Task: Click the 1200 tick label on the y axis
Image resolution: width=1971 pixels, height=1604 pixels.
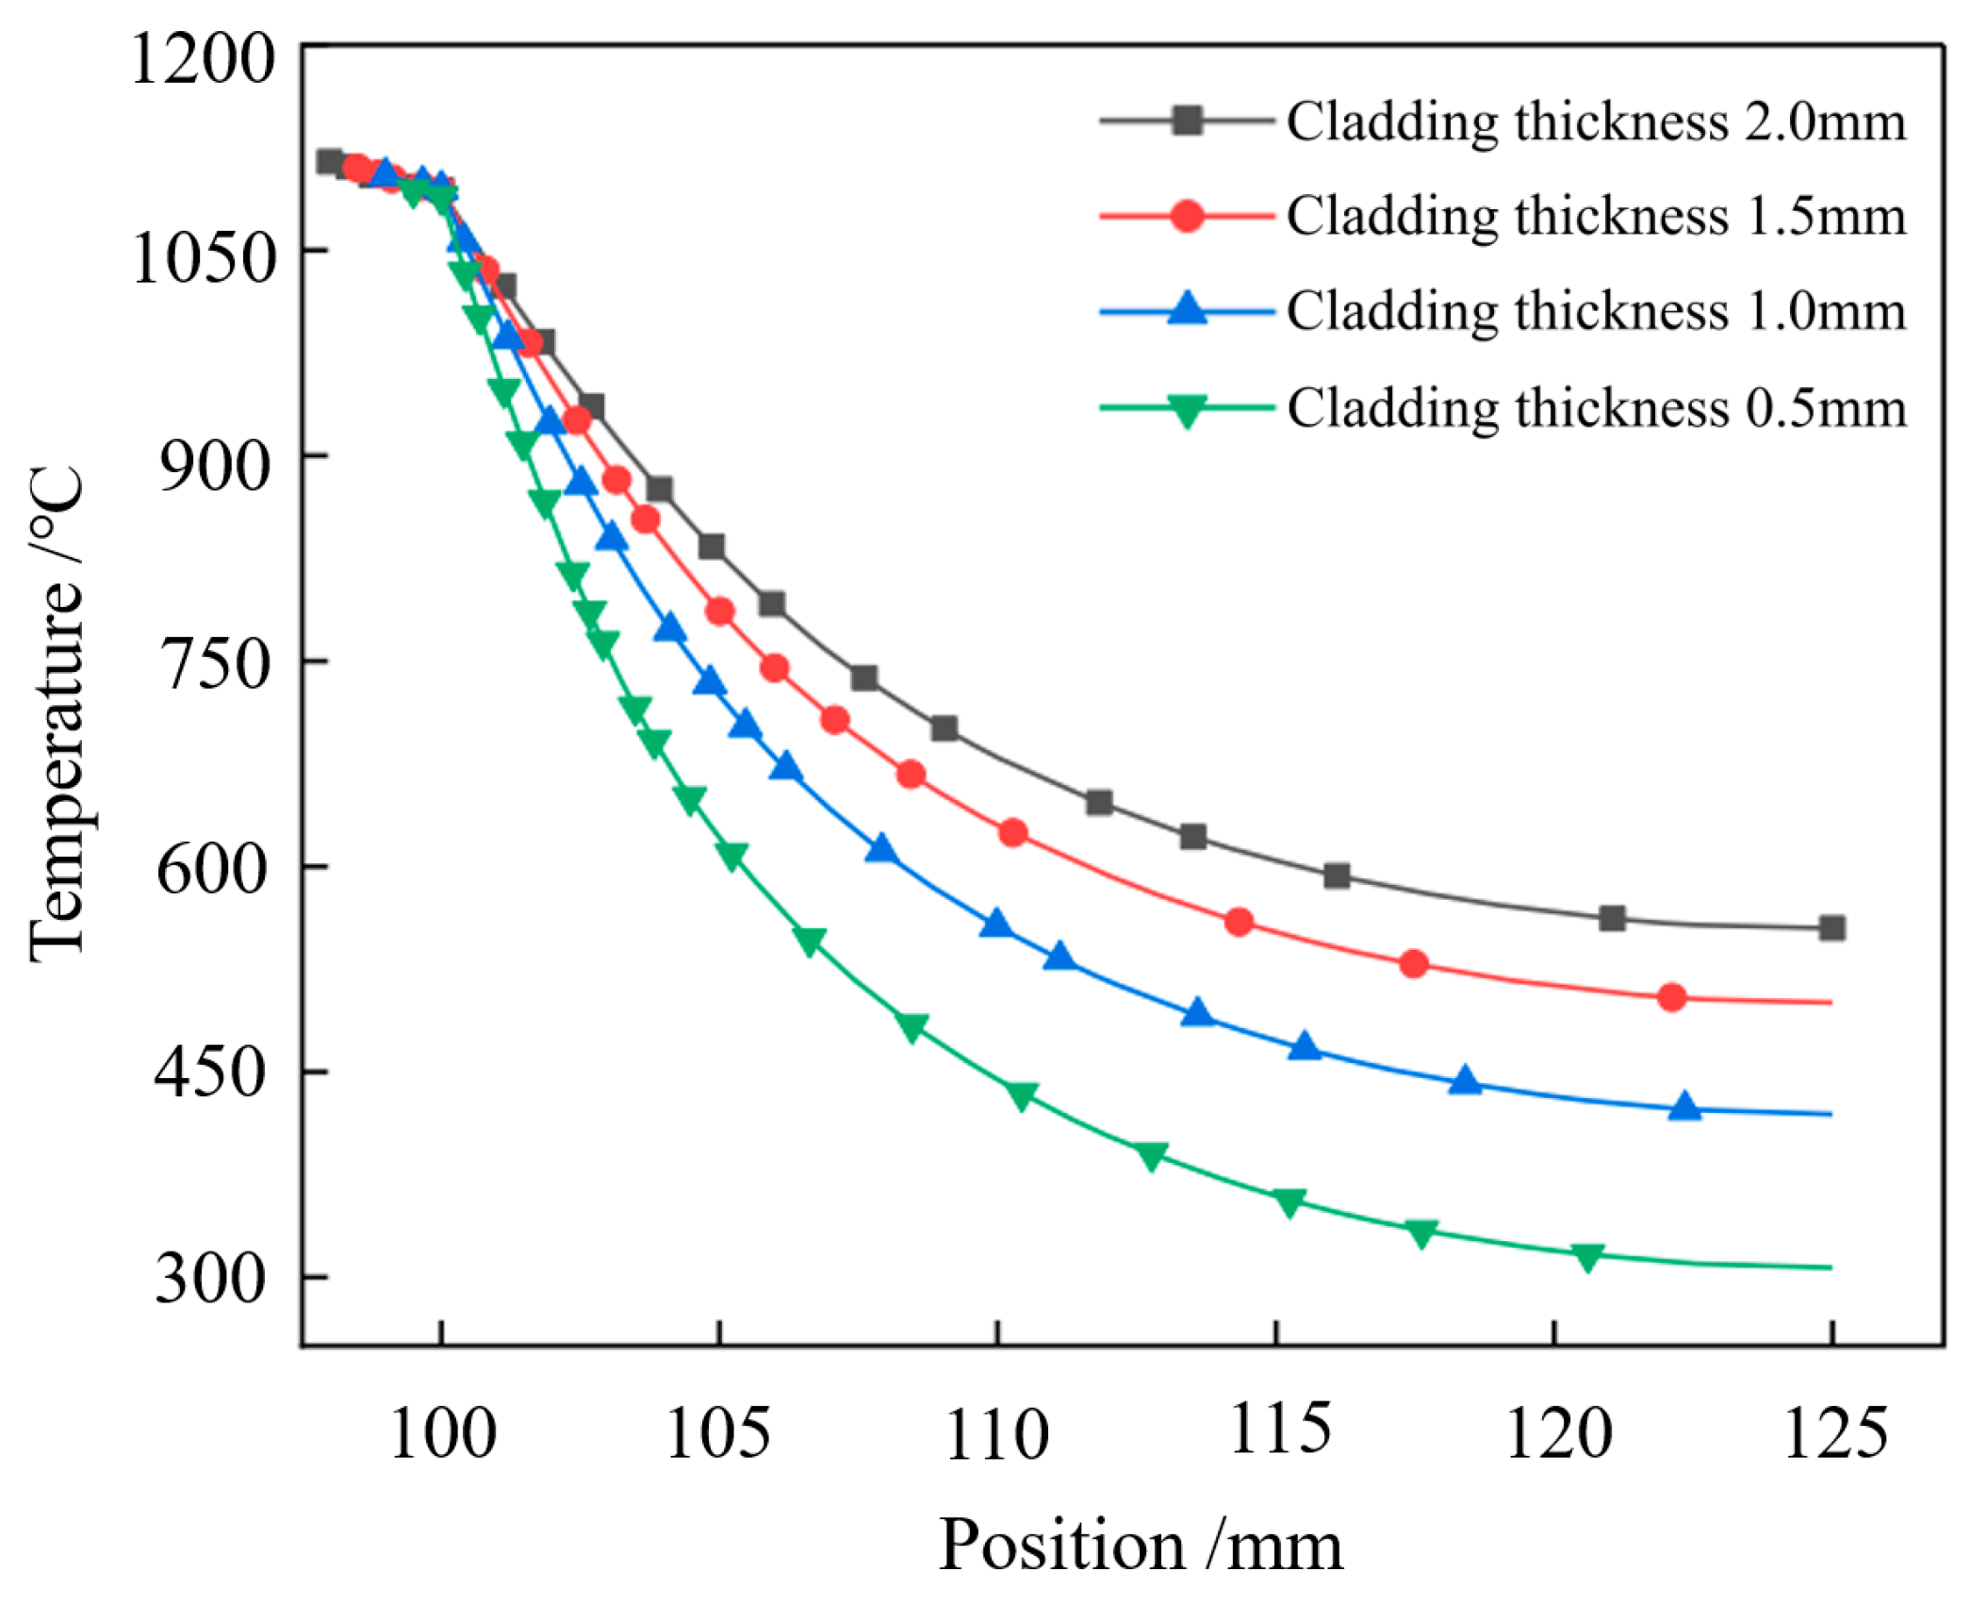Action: point(202,58)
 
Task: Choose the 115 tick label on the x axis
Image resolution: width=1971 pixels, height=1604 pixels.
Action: point(1279,1429)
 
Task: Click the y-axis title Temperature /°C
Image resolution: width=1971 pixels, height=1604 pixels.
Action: point(57,714)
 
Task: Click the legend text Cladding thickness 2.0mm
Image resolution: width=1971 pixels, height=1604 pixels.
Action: point(1596,122)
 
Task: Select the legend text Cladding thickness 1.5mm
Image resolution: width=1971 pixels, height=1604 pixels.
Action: point(1596,216)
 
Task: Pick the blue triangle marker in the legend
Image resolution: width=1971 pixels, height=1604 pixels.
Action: point(1187,309)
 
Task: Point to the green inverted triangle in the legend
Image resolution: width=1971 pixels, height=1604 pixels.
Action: point(1187,410)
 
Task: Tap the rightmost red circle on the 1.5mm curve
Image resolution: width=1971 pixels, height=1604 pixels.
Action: point(1671,997)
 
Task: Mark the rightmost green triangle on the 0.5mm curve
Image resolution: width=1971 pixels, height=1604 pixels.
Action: point(1587,1256)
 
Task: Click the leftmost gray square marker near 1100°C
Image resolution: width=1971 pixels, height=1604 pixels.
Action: point(328,161)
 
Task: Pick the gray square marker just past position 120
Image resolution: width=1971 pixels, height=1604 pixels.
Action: point(1612,918)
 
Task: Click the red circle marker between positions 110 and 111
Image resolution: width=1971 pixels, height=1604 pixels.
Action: point(1012,833)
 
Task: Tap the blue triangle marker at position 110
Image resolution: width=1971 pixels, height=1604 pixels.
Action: point(995,925)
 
